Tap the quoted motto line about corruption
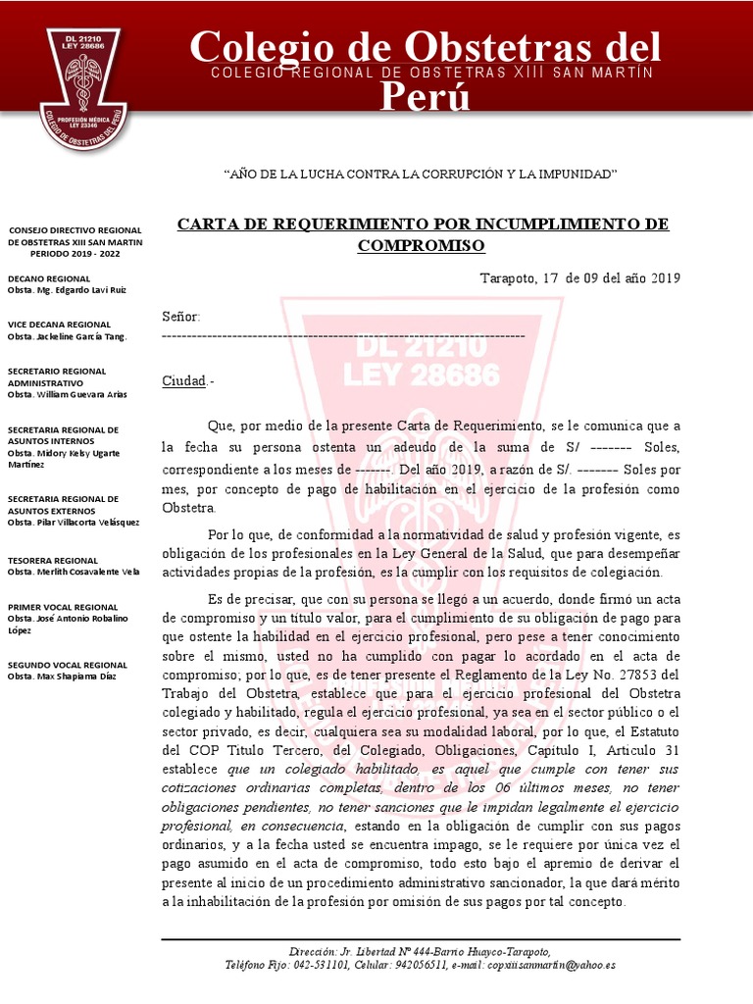(x=422, y=174)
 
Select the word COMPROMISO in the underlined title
(x=421, y=245)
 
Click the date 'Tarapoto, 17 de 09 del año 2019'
(x=579, y=277)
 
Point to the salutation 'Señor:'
(x=180, y=317)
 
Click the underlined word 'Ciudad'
(x=183, y=381)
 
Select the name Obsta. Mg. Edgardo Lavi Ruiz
(x=66, y=290)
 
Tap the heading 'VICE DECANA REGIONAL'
(x=59, y=324)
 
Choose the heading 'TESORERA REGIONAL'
(x=53, y=560)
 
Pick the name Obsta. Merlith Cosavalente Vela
(x=74, y=572)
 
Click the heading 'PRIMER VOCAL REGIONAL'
(x=63, y=607)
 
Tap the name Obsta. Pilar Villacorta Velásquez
(x=74, y=522)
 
